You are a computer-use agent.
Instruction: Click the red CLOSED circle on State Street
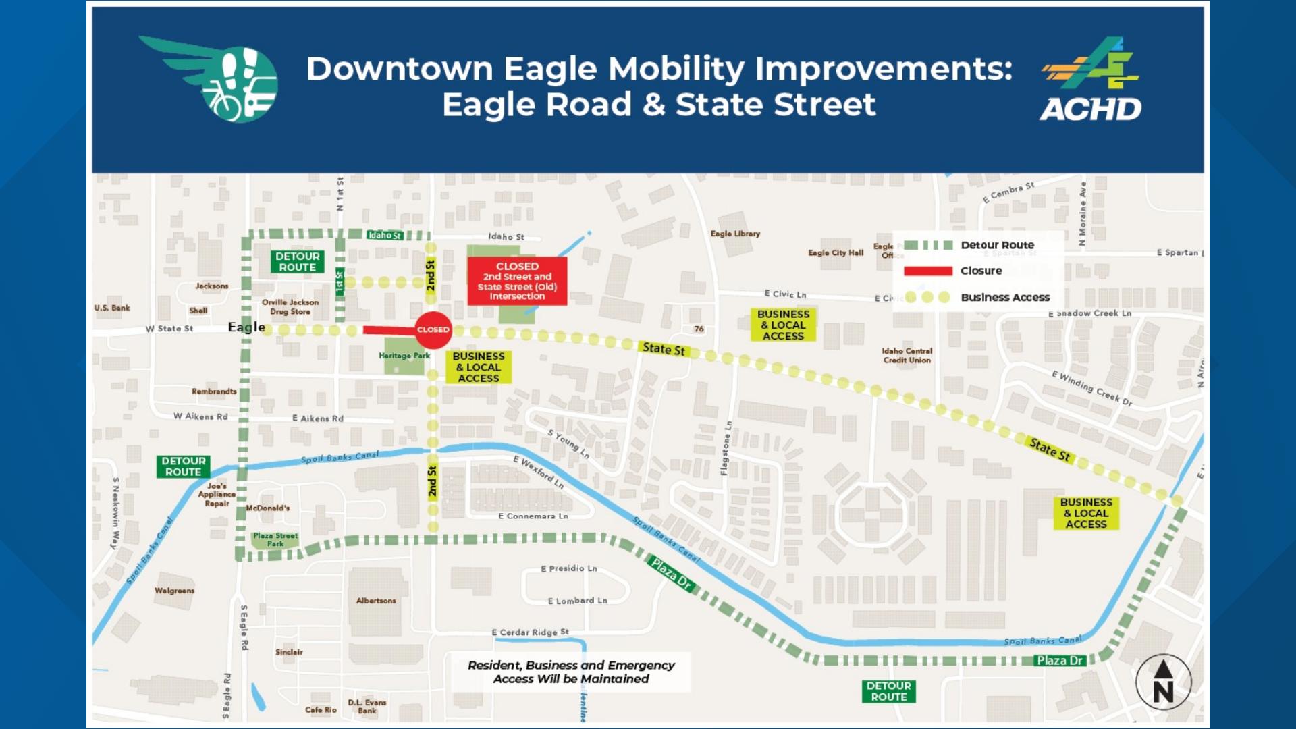pos(433,329)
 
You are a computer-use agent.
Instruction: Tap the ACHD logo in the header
pos(1090,80)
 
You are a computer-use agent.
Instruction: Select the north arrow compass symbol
pos(1162,682)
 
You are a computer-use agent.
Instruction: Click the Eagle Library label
pos(735,234)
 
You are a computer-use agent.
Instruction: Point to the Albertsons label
pos(376,601)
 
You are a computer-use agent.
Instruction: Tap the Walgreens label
pos(174,591)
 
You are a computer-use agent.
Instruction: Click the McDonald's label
pos(267,508)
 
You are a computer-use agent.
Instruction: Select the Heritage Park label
pos(404,356)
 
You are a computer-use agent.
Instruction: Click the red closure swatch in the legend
pos(927,271)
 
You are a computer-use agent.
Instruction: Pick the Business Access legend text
pos(1005,297)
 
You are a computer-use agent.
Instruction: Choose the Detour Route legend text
pos(997,245)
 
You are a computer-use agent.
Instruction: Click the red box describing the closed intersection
pos(517,281)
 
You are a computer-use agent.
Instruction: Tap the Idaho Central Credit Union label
pos(907,356)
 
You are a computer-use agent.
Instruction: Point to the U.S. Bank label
pos(112,308)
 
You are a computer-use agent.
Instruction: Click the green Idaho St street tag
pos(385,235)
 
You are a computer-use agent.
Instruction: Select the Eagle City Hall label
pos(836,252)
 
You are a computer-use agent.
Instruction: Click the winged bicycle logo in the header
pos(215,80)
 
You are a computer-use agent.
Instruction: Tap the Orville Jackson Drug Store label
pos(290,307)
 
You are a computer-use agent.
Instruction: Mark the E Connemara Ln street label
pos(533,516)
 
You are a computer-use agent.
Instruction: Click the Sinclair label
pos(289,652)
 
